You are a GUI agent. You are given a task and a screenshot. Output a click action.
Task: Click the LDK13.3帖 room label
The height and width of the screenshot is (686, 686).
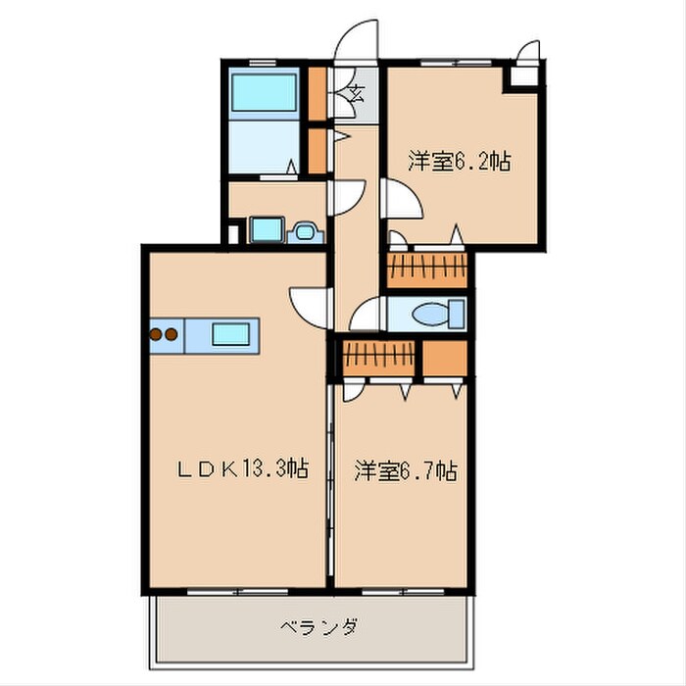[x=243, y=469]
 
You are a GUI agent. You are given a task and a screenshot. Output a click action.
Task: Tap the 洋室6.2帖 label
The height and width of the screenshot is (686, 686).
[x=459, y=162]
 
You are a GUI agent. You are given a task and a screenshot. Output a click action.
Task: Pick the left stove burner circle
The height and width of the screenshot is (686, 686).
[x=157, y=334]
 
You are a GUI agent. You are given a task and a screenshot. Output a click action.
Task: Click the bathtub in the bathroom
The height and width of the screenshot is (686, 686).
[x=264, y=94]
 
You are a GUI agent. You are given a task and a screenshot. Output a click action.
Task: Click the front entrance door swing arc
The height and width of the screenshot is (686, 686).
[x=357, y=41]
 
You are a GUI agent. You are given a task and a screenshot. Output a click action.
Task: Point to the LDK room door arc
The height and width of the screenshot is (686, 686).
[x=310, y=303]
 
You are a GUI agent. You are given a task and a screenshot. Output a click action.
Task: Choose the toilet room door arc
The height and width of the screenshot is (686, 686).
[x=367, y=316]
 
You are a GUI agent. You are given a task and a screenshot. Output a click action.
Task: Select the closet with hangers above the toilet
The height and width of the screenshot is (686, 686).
[x=427, y=270]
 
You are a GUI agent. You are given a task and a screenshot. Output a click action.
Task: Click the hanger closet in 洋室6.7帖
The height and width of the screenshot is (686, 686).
[x=378, y=358]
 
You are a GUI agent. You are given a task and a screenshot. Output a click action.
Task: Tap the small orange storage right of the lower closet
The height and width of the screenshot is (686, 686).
[x=446, y=359]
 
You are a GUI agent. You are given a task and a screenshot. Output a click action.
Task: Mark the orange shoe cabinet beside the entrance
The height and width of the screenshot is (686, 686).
[x=318, y=90]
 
